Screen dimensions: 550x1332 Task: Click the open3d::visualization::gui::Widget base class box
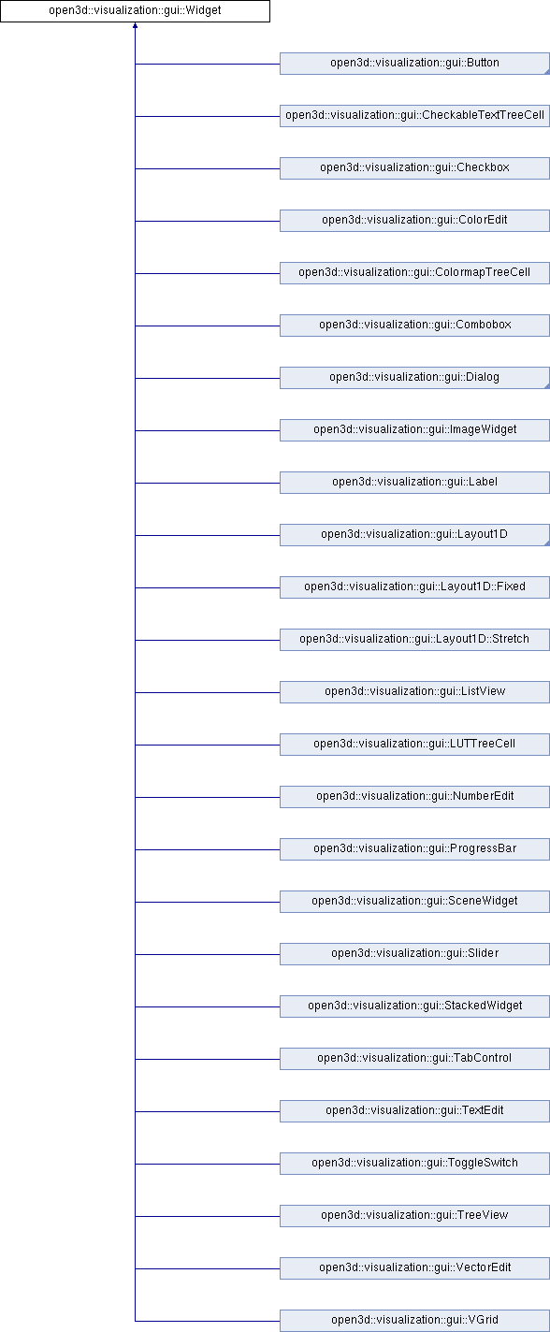[135, 11]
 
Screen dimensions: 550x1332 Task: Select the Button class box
[414, 64]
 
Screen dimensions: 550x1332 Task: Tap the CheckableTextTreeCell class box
[414, 116]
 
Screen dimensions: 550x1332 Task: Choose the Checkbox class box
[414, 168]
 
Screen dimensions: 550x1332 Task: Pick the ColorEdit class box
[414, 221]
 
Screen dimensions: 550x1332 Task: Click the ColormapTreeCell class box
[414, 273]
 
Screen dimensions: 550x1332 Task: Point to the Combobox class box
[414, 326]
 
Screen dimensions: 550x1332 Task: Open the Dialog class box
[414, 378]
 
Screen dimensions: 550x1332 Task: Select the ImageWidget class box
[414, 430]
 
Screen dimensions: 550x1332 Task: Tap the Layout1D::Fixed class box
[414, 586]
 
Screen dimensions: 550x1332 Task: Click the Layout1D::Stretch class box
[414, 639]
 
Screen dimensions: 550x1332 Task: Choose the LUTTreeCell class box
[414, 744]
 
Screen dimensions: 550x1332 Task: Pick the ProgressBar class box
[414, 848]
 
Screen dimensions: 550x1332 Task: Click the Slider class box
[414, 953]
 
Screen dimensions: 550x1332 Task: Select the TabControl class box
[414, 1058]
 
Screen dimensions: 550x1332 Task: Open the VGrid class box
[414, 1320]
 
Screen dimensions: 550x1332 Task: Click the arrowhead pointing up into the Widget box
[135, 25]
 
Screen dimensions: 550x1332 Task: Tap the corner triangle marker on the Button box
[546, 71]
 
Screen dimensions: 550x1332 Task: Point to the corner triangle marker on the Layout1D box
[546, 543]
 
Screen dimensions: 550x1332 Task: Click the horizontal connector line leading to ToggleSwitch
[208, 1164]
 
